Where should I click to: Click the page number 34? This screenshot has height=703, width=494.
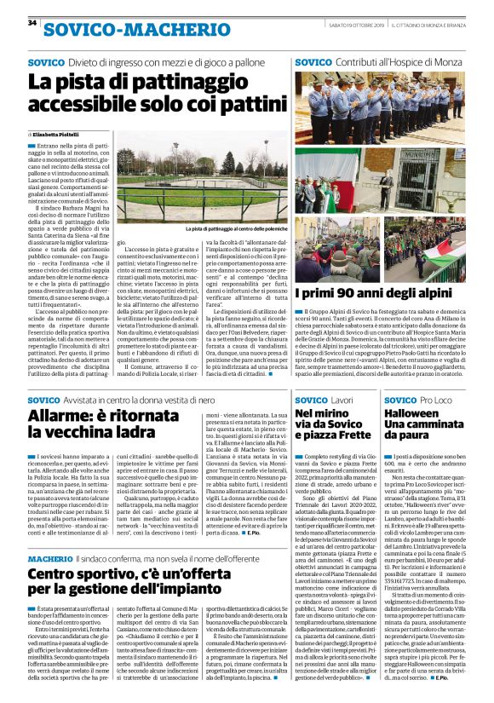click(32, 23)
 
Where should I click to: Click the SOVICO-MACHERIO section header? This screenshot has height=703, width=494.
click(119, 32)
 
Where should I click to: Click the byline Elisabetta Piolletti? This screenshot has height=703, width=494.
click(57, 135)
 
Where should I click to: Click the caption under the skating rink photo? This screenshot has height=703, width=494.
click(235, 229)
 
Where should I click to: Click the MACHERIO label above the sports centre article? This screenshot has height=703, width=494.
click(51, 558)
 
